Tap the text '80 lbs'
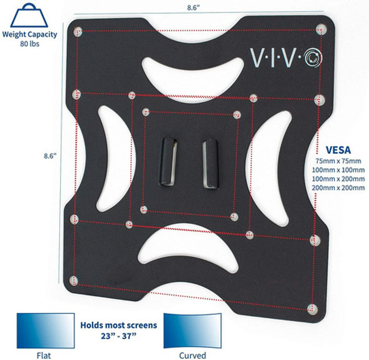29,44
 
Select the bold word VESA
338,151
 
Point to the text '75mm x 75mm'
338,161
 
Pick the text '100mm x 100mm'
338,171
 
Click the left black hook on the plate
168,161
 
